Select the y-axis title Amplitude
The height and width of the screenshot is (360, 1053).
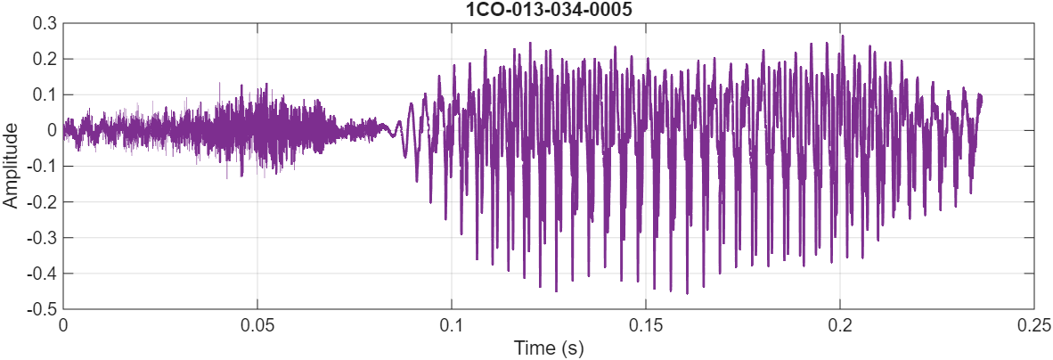(11, 166)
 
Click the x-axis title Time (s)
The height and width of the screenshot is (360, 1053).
(549, 348)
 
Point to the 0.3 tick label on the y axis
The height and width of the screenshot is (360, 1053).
(45, 23)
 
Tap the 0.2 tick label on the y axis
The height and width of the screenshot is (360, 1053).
(45, 59)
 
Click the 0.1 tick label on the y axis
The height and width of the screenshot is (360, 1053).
(45, 94)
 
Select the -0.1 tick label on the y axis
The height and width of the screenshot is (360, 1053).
(42, 166)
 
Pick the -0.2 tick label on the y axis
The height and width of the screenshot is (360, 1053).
(42, 201)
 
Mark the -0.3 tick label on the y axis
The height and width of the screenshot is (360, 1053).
(42, 237)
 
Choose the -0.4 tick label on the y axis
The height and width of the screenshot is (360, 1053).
(42, 273)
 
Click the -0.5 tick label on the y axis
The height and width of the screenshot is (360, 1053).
(42, 308)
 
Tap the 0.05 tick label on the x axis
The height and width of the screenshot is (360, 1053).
(257, 325)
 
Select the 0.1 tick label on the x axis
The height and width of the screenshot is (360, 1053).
(452, 325)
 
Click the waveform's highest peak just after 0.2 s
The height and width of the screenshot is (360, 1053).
(842, 37)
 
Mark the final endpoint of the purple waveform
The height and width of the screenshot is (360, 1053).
(982, 95)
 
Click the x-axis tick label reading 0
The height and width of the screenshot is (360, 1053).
(63, 325)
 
